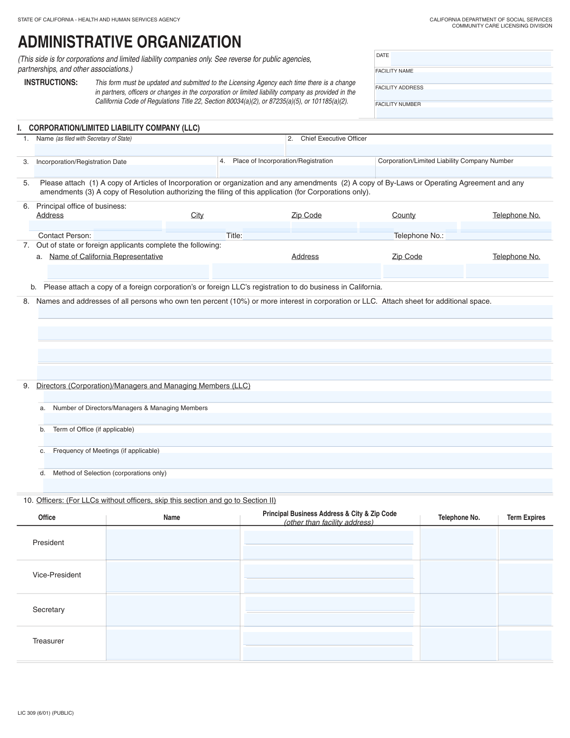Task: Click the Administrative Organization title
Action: pos(129,42)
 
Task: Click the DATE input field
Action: pos(470,59)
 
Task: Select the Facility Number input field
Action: pos(464,113)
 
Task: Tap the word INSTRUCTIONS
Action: pos(51,83)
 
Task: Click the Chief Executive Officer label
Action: pos(333,139)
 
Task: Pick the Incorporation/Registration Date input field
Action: pos(125,171)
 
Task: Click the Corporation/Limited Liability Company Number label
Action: pos(446,161)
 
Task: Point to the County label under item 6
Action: pos(403,215)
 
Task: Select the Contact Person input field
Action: pos(159,235)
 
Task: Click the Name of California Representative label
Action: pos(106,257)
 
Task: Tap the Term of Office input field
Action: pos(297,440)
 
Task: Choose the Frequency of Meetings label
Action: pos(106,451)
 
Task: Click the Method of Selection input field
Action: pos(297,485)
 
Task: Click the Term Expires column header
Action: pos(526,518)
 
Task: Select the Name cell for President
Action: pos(173,544)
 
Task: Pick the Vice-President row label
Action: pos(57,575)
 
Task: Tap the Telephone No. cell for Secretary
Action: pos(458,610)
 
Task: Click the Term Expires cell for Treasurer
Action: pos(526,644)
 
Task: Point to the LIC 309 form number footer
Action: pos(46,713)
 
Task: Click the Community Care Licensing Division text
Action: pos(502,26)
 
